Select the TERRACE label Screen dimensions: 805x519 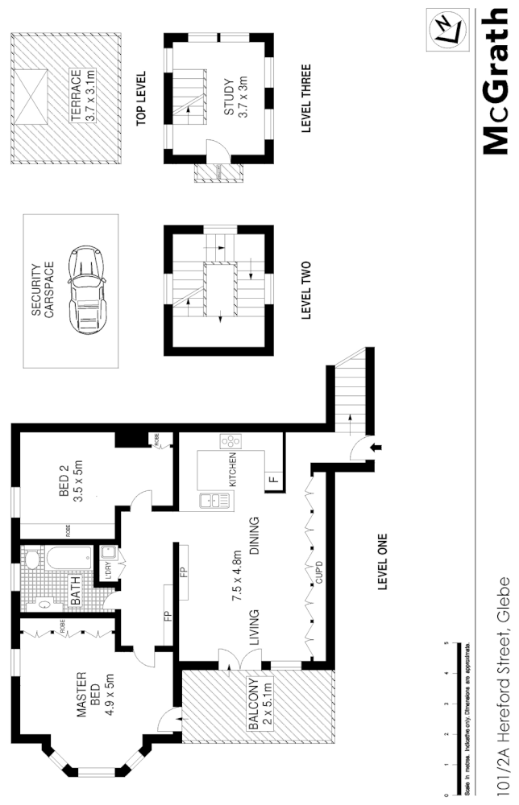point(75,95)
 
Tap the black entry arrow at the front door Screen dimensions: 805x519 point(376,445)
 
